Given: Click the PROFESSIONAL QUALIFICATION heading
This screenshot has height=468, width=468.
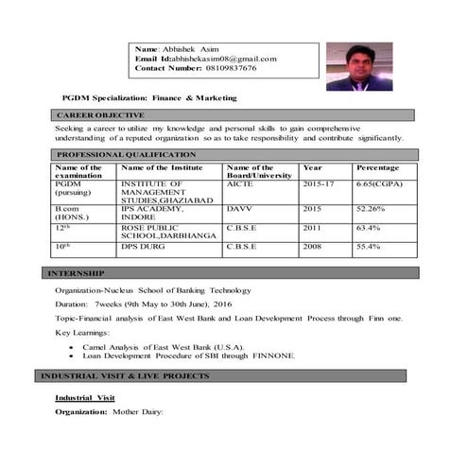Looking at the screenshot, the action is (x=126, y=154).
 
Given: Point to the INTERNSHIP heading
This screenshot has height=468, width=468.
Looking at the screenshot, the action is (x=78, y=273).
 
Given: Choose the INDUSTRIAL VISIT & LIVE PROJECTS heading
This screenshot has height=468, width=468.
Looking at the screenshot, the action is (x=124, y=376).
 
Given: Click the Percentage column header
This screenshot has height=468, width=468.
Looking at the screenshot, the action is (x=377, y=167).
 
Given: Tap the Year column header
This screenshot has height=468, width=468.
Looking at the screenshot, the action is (x=312, y=167).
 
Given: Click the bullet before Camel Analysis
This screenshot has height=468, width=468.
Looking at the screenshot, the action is (x=73, y=347).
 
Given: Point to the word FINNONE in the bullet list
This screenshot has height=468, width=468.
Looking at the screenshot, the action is (x=275, y=355).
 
